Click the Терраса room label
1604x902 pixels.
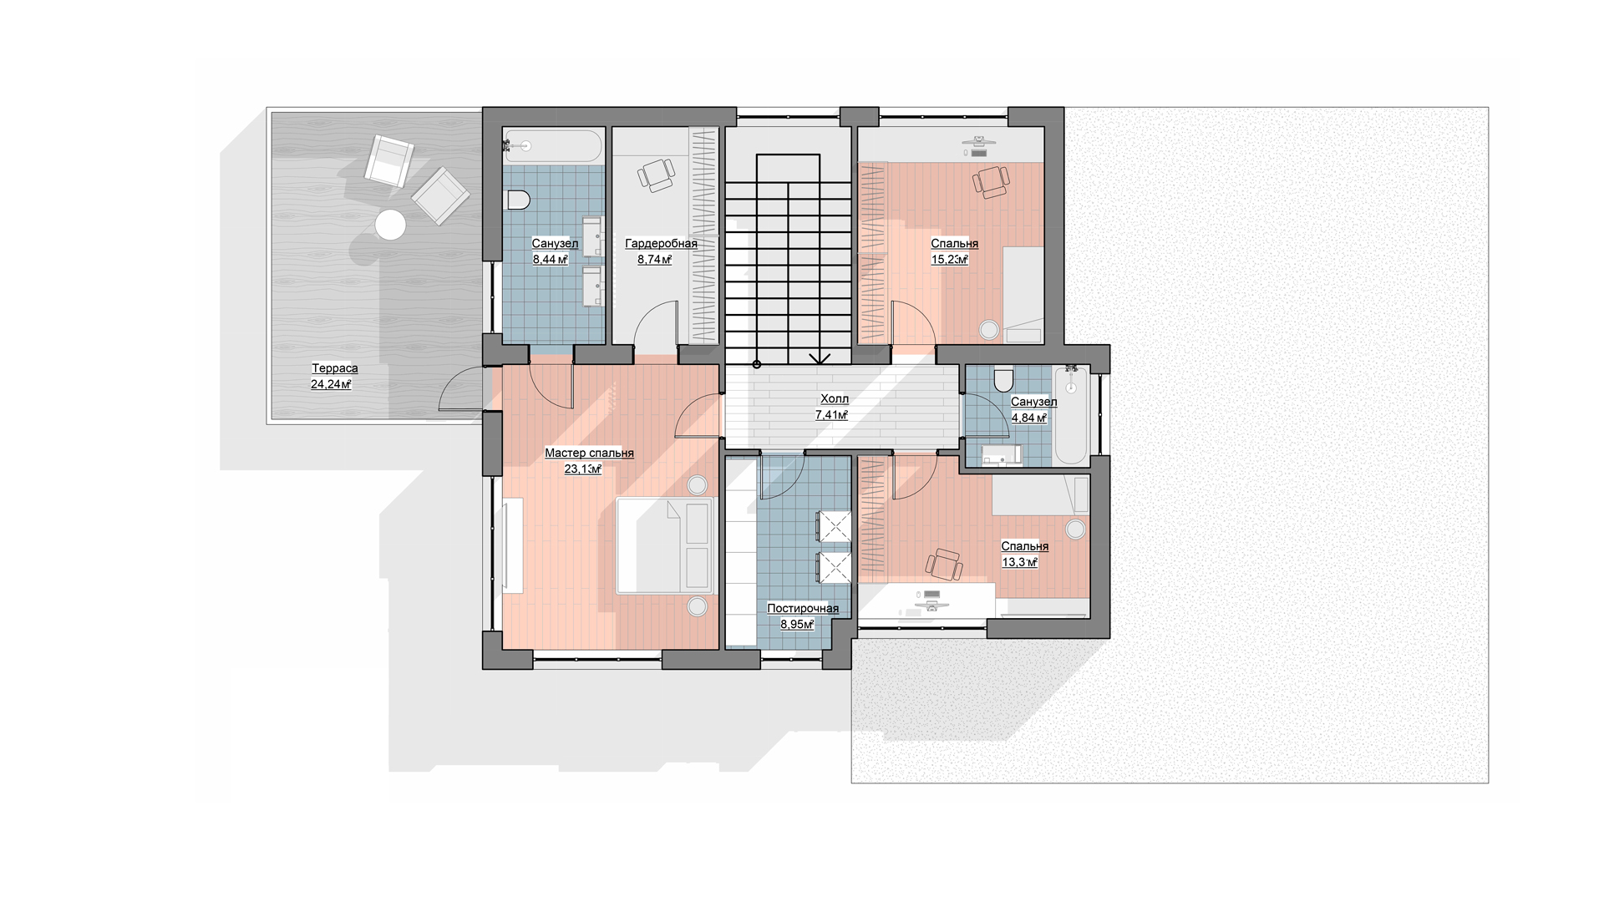pyautogui.click(x=335, y=368)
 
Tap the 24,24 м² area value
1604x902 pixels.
pyautogui.click(x=331, y=385)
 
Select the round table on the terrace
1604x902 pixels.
pyautogui.click(x=390, y=225)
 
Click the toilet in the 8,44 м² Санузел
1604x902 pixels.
pyautogui.click(x=519, y=200)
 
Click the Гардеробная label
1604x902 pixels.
pyautogui.click(x=661, y=244)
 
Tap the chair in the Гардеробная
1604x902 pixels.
pyautogui.click(x=657, y=175)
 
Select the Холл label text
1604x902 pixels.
pyautogui.click(x=835, y=399)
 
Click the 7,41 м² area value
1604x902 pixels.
pyautogui.click(x=832, y=415)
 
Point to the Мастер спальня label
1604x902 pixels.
pyautogui.click(x=589, y=454)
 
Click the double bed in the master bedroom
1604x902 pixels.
pyautogui.click(x=665, y=545)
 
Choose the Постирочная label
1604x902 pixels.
pyautogui.click(x=803, y=609)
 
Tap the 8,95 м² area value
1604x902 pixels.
pyautogui.click(x=797, y=625)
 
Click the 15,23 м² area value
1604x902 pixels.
pyautogui.click(x=950, y=260)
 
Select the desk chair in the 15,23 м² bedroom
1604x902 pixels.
pyautogui.click(x=991, y=181)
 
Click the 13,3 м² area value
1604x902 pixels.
pyautogui.click(x=1020, y=563)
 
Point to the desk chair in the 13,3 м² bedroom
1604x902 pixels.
pyautogui.click(x=944, y=564)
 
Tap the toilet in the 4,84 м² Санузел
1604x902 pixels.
pyautogui.click(x=1003, y=381)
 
